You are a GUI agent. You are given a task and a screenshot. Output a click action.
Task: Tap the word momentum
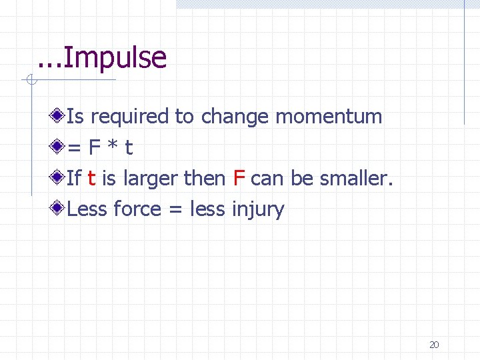click(x=329, y=117)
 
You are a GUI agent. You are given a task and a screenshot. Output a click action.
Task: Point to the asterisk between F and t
click(x=110, y=147)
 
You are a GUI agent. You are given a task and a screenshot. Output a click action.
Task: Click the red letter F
click(x=240, y=178)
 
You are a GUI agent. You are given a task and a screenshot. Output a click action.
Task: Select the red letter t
click(x=91, y=178)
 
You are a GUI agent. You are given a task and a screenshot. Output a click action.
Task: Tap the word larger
click(x=151, y=178)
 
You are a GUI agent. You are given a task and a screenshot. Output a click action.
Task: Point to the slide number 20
click(x=434, y=345)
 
